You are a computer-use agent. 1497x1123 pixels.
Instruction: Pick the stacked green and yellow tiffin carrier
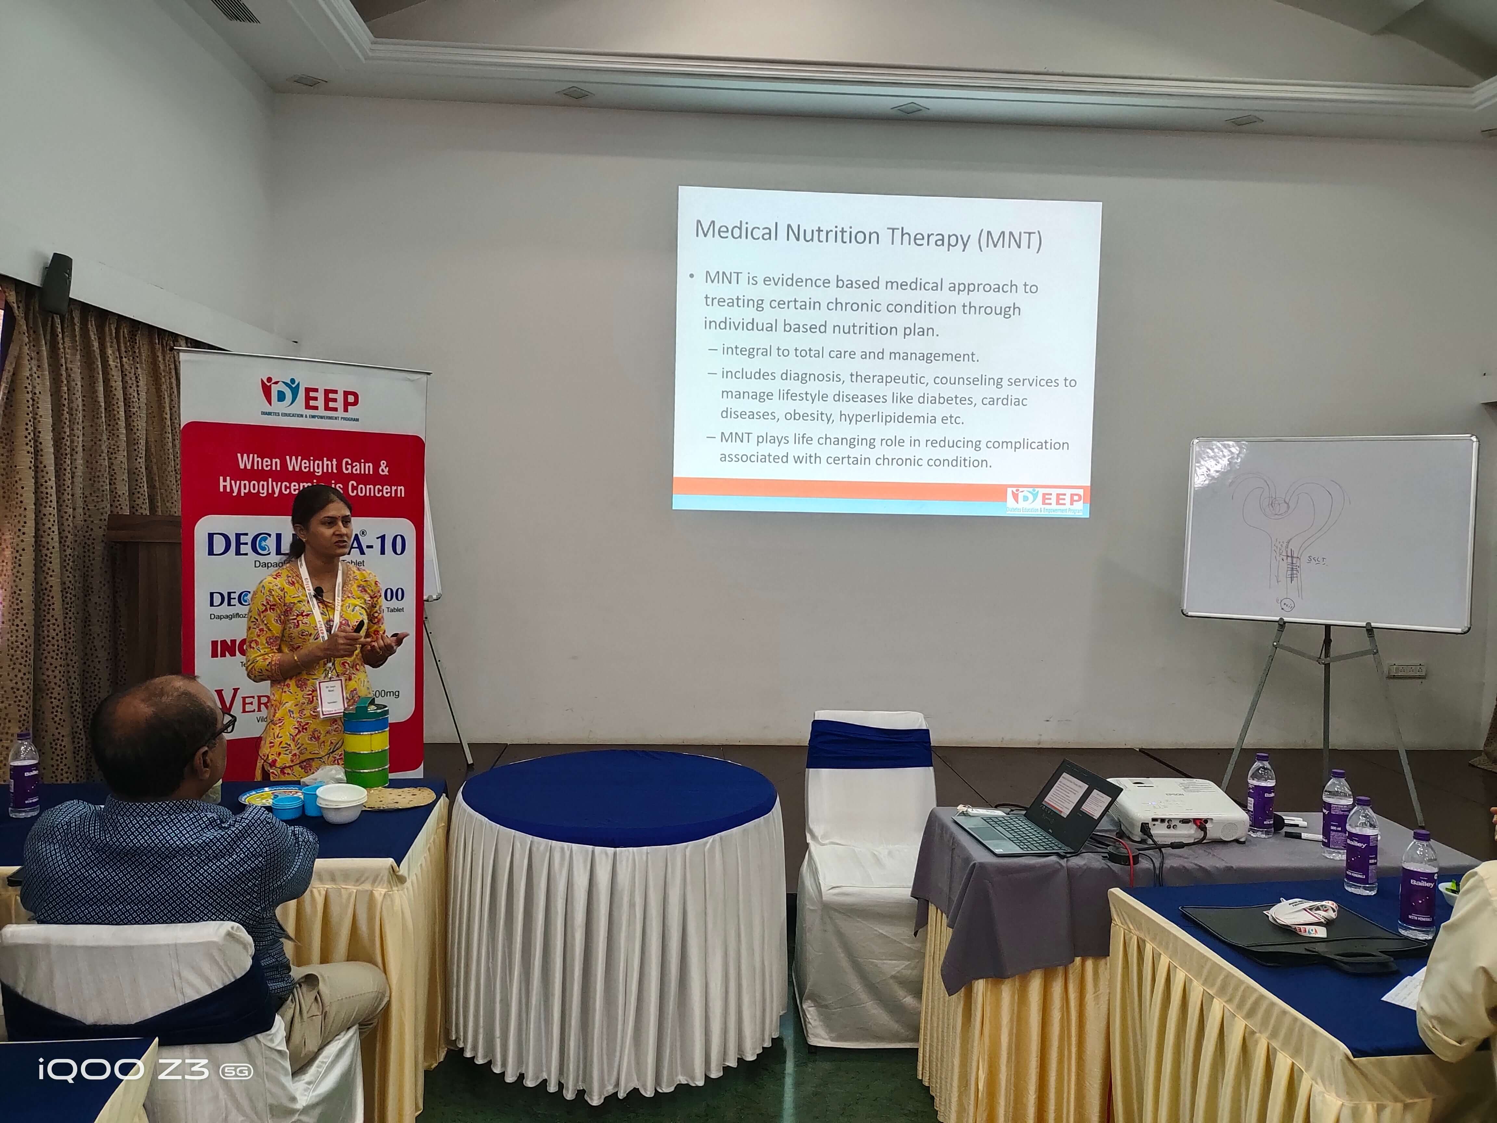click(366, 745)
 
